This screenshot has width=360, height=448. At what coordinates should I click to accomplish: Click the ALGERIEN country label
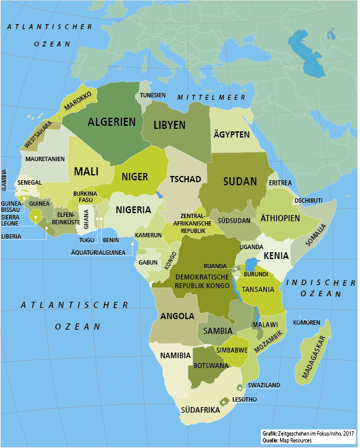click(x=111, y=122)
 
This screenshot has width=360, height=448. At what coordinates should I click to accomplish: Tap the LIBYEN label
click(x=169, y=125)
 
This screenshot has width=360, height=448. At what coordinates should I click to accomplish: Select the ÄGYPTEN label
click(x=231, y=135)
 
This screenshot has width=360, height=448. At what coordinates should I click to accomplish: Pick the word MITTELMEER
click(x=203, y=98)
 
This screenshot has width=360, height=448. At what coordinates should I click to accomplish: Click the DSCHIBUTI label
click(x=309, y=201)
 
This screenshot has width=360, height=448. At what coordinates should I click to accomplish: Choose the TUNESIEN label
click(x=153, y=95)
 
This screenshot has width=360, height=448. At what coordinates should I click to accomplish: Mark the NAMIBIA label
click(x=174, y=356)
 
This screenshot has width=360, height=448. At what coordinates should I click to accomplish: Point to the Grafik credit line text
click(x=307, y=433)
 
